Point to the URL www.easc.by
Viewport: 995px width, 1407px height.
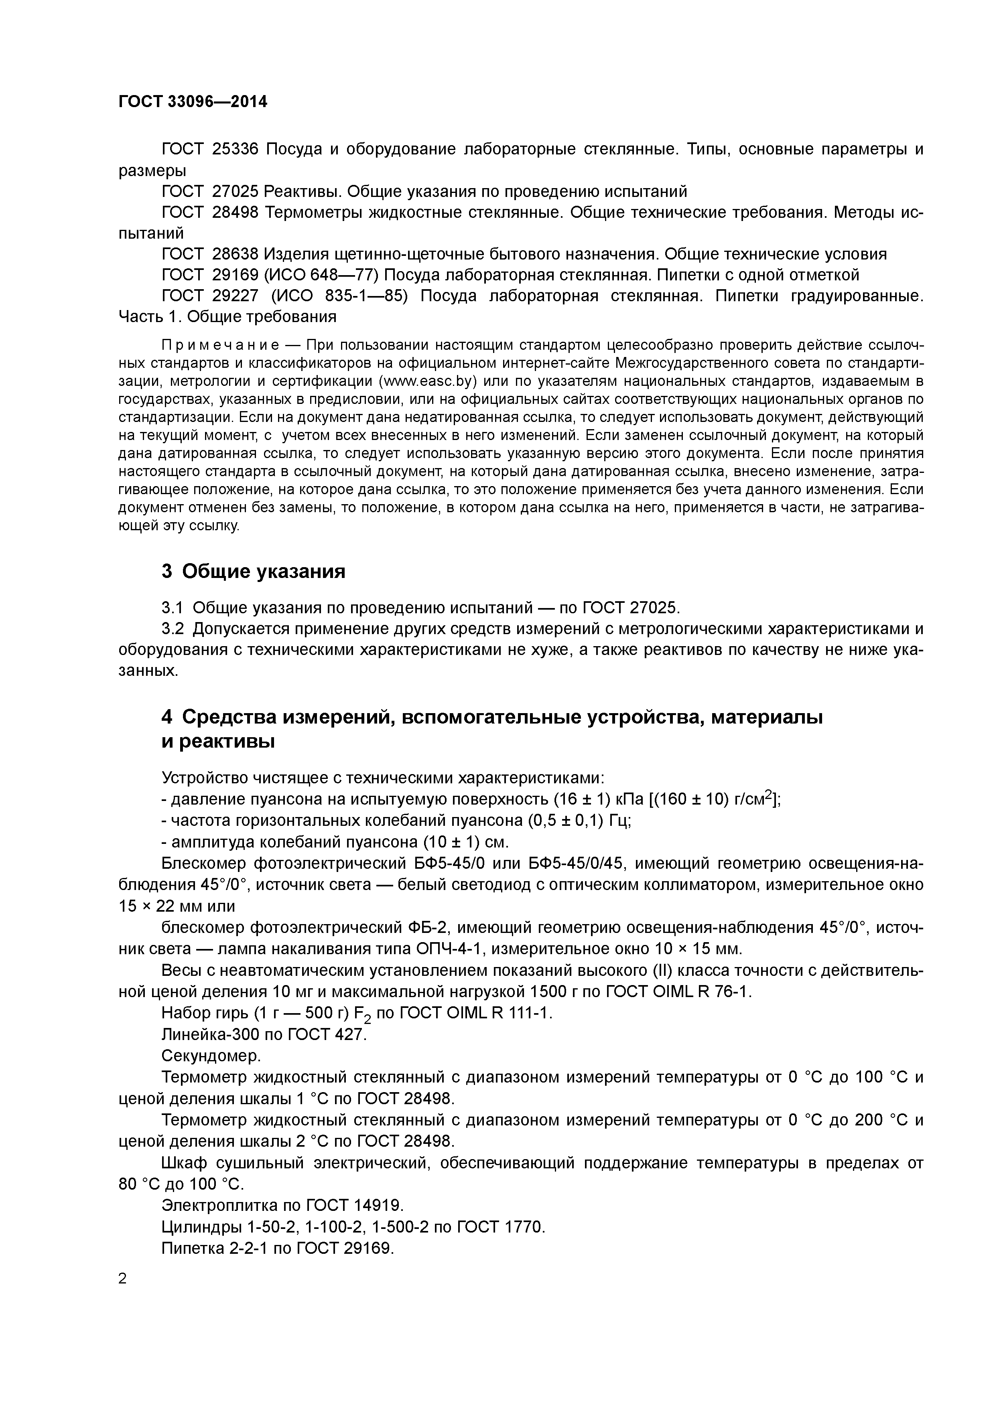coord(428,381)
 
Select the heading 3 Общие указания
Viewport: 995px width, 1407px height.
coord(253,571)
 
